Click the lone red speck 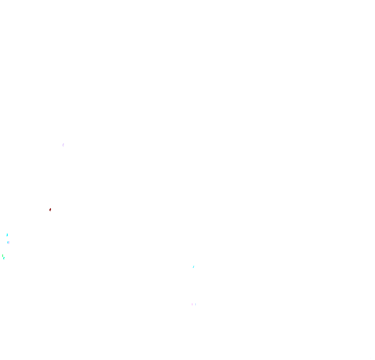(50, 210)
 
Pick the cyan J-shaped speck (7, 235)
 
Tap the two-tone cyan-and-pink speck (8, 242)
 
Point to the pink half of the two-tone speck (9, 243)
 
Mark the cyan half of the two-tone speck (8, 242)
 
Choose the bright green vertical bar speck (3, 255)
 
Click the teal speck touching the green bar (4, 258)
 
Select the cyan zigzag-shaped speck (193, 267)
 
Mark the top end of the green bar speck (3, 254)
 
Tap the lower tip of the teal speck (4, 259)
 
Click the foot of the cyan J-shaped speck (7, 236)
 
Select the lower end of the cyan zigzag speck (193, 268)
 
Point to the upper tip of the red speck (51, 209)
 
